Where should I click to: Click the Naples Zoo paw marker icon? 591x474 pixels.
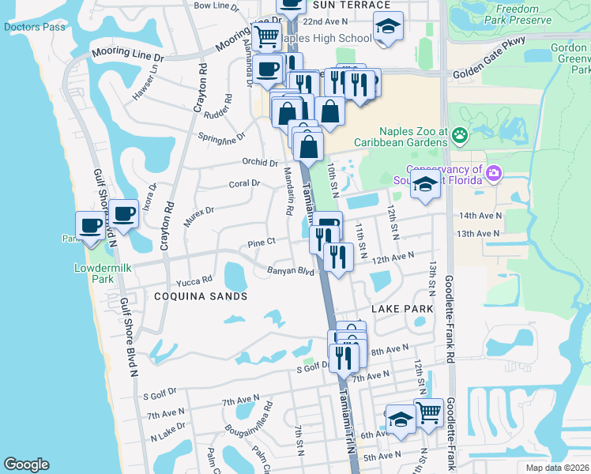point(460,136)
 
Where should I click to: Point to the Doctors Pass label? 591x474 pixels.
point(34,27)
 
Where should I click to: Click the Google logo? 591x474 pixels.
point(26,465)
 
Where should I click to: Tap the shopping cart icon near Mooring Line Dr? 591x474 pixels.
point(267,35)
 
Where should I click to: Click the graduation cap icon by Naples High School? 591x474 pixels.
point(388,27)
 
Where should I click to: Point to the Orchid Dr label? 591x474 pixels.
point(260,164)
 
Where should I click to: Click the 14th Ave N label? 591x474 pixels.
point(479,215)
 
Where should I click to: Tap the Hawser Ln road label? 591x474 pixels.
point(145,81)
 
